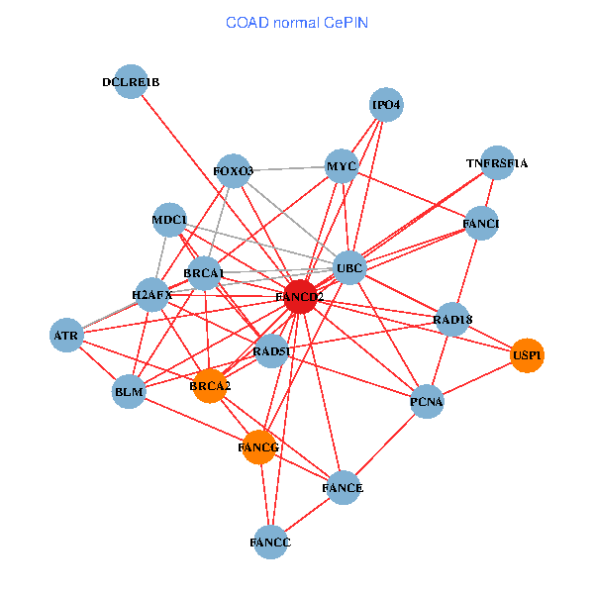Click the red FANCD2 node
point(300,297)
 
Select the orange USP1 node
point(528,355)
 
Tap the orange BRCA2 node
point(209,386)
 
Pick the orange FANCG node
point(259,447)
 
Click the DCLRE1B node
point(132,82)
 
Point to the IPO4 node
point(386,104)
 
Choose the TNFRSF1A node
point(496,163)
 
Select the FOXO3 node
point(234,171)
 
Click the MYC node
point(342,166)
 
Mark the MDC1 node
point(170,220)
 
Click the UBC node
point(350,267)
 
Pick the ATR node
point(67,337)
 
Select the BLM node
point(130,392)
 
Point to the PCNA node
point(427,402)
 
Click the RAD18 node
point(452,319)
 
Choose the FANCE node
point(343,488)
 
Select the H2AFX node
point(152,295)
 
